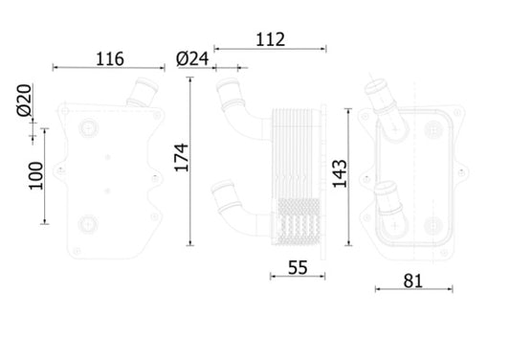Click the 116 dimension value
click(109, 58)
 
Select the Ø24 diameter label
click(193, 58)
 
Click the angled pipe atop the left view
click(142, 97)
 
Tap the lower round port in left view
click(89, 225)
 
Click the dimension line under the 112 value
click(271, 47)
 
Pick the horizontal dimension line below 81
click(411, 289)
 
